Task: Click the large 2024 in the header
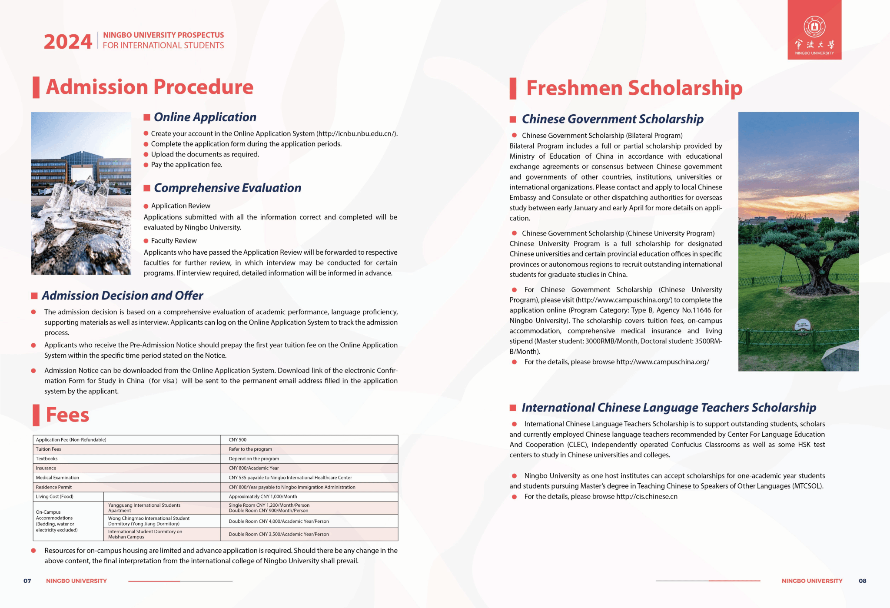(68, 42)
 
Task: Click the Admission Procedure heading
(149, 87)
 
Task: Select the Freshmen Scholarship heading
(634, 88)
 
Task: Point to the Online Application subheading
(205, 117)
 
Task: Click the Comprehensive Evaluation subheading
(227, 188)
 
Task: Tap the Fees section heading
(67, 415)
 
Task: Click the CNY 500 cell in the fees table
(238, 440)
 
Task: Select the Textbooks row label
(46, 459)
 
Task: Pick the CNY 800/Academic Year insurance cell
(254, 468)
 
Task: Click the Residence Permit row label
(54, 487)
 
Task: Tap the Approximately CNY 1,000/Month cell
(263, 496)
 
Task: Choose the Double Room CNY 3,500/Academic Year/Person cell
(279, 534)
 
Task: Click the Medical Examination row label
(57, 478)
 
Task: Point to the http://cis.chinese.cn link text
(647, 496)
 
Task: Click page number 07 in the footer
(27, 581)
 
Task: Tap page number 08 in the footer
(862, 581)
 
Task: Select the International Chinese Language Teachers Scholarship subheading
(669, 408)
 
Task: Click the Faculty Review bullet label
(174, 241)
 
